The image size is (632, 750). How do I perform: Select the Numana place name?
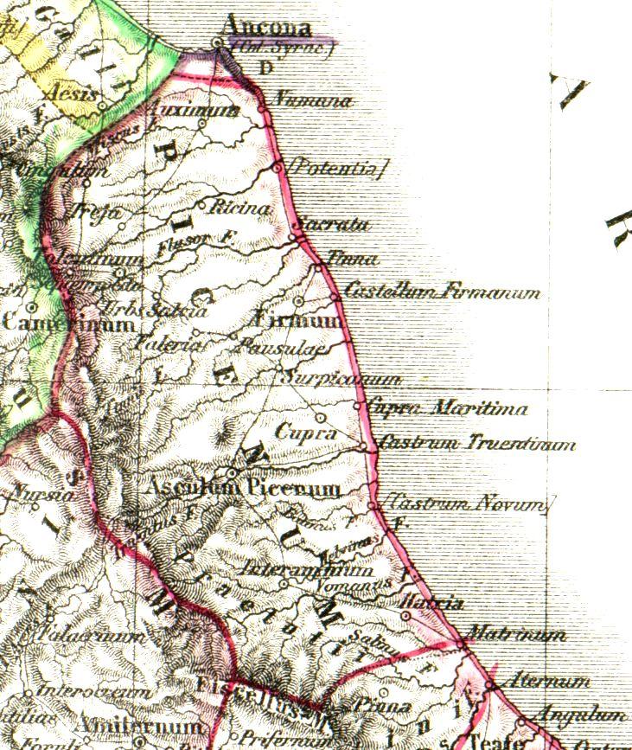click(311, 101)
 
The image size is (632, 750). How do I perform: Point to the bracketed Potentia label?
click(337, 167)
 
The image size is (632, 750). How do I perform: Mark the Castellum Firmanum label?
click(442, 292)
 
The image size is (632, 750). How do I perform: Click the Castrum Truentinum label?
click(477, 445)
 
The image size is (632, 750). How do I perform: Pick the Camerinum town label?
click(68, 324)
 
